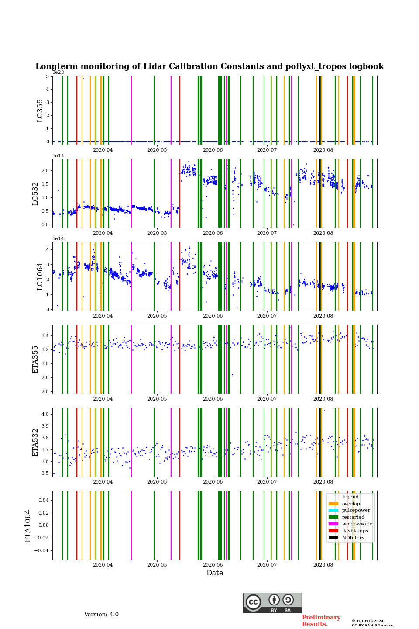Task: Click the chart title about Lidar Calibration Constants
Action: coord(209,66)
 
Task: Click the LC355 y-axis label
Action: coord(40,111)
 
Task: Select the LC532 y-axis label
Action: coord(35,194)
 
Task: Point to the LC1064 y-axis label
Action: coord(40,276)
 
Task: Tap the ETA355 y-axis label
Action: coord(35,359)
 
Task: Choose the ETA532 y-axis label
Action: coord(35,442)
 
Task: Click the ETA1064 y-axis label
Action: coord(28,525)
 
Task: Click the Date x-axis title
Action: coord(215,573)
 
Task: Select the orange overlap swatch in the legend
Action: coord(333,504)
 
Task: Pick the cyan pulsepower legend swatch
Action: coord(333,511)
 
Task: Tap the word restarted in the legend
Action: coord(353,517)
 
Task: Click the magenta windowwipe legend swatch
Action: coord(333,524)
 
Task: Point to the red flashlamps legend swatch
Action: coord(333,531)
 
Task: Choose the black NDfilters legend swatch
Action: coord(333,538)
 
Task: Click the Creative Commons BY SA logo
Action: coord(272,603)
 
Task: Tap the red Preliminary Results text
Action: coord(321,621)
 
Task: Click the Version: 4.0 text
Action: coord(101,615)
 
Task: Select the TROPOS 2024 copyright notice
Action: coord(372,623)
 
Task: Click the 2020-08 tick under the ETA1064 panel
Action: coord(323,565)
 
